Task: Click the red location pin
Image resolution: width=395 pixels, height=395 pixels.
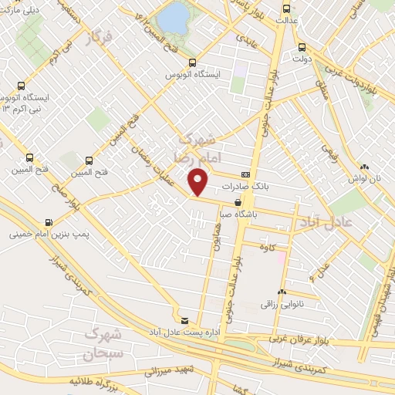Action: pos(199,182)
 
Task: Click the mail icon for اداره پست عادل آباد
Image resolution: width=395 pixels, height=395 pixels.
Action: pos(184,320)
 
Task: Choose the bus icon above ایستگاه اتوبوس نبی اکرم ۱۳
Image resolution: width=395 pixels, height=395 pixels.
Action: pos(21,86)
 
